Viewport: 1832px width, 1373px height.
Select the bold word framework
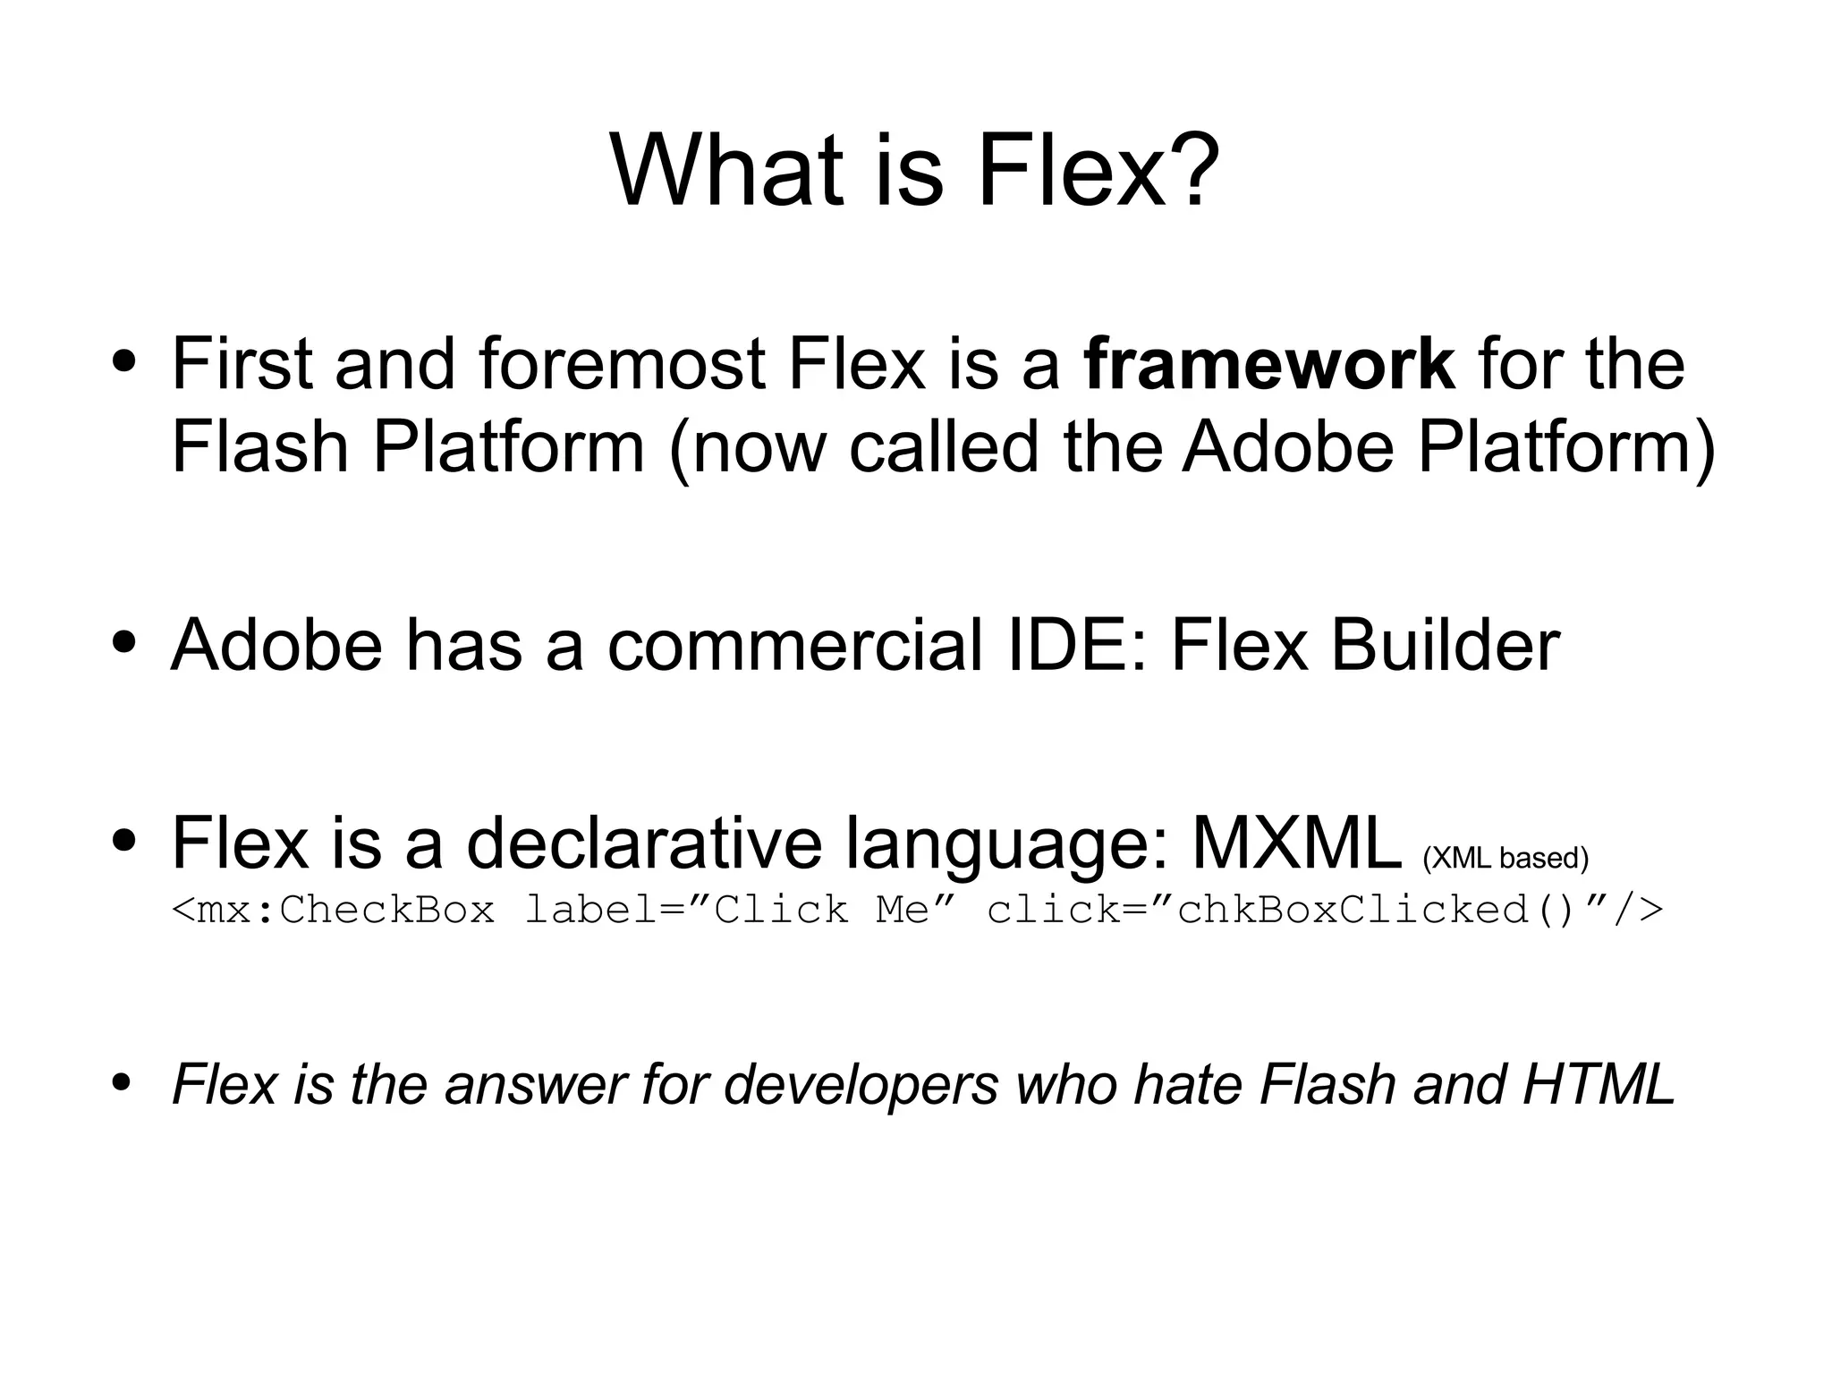[x=1268, y=364]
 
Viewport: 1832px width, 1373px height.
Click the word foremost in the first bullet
[x=621, y=364]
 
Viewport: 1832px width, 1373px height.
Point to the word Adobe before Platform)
[x=1288, y=446]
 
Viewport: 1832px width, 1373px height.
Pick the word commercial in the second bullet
[x=795, y=645]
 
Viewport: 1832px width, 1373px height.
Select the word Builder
[x=1444, y=645]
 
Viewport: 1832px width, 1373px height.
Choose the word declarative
[x=643, y=843]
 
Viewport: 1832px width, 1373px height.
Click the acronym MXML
[x=1295, y=843]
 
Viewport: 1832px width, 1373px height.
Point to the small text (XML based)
[x=1505, y=858]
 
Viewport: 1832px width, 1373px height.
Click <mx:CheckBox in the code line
[x=333, y=910]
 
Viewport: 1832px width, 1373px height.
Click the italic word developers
[x=860, y=1085]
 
